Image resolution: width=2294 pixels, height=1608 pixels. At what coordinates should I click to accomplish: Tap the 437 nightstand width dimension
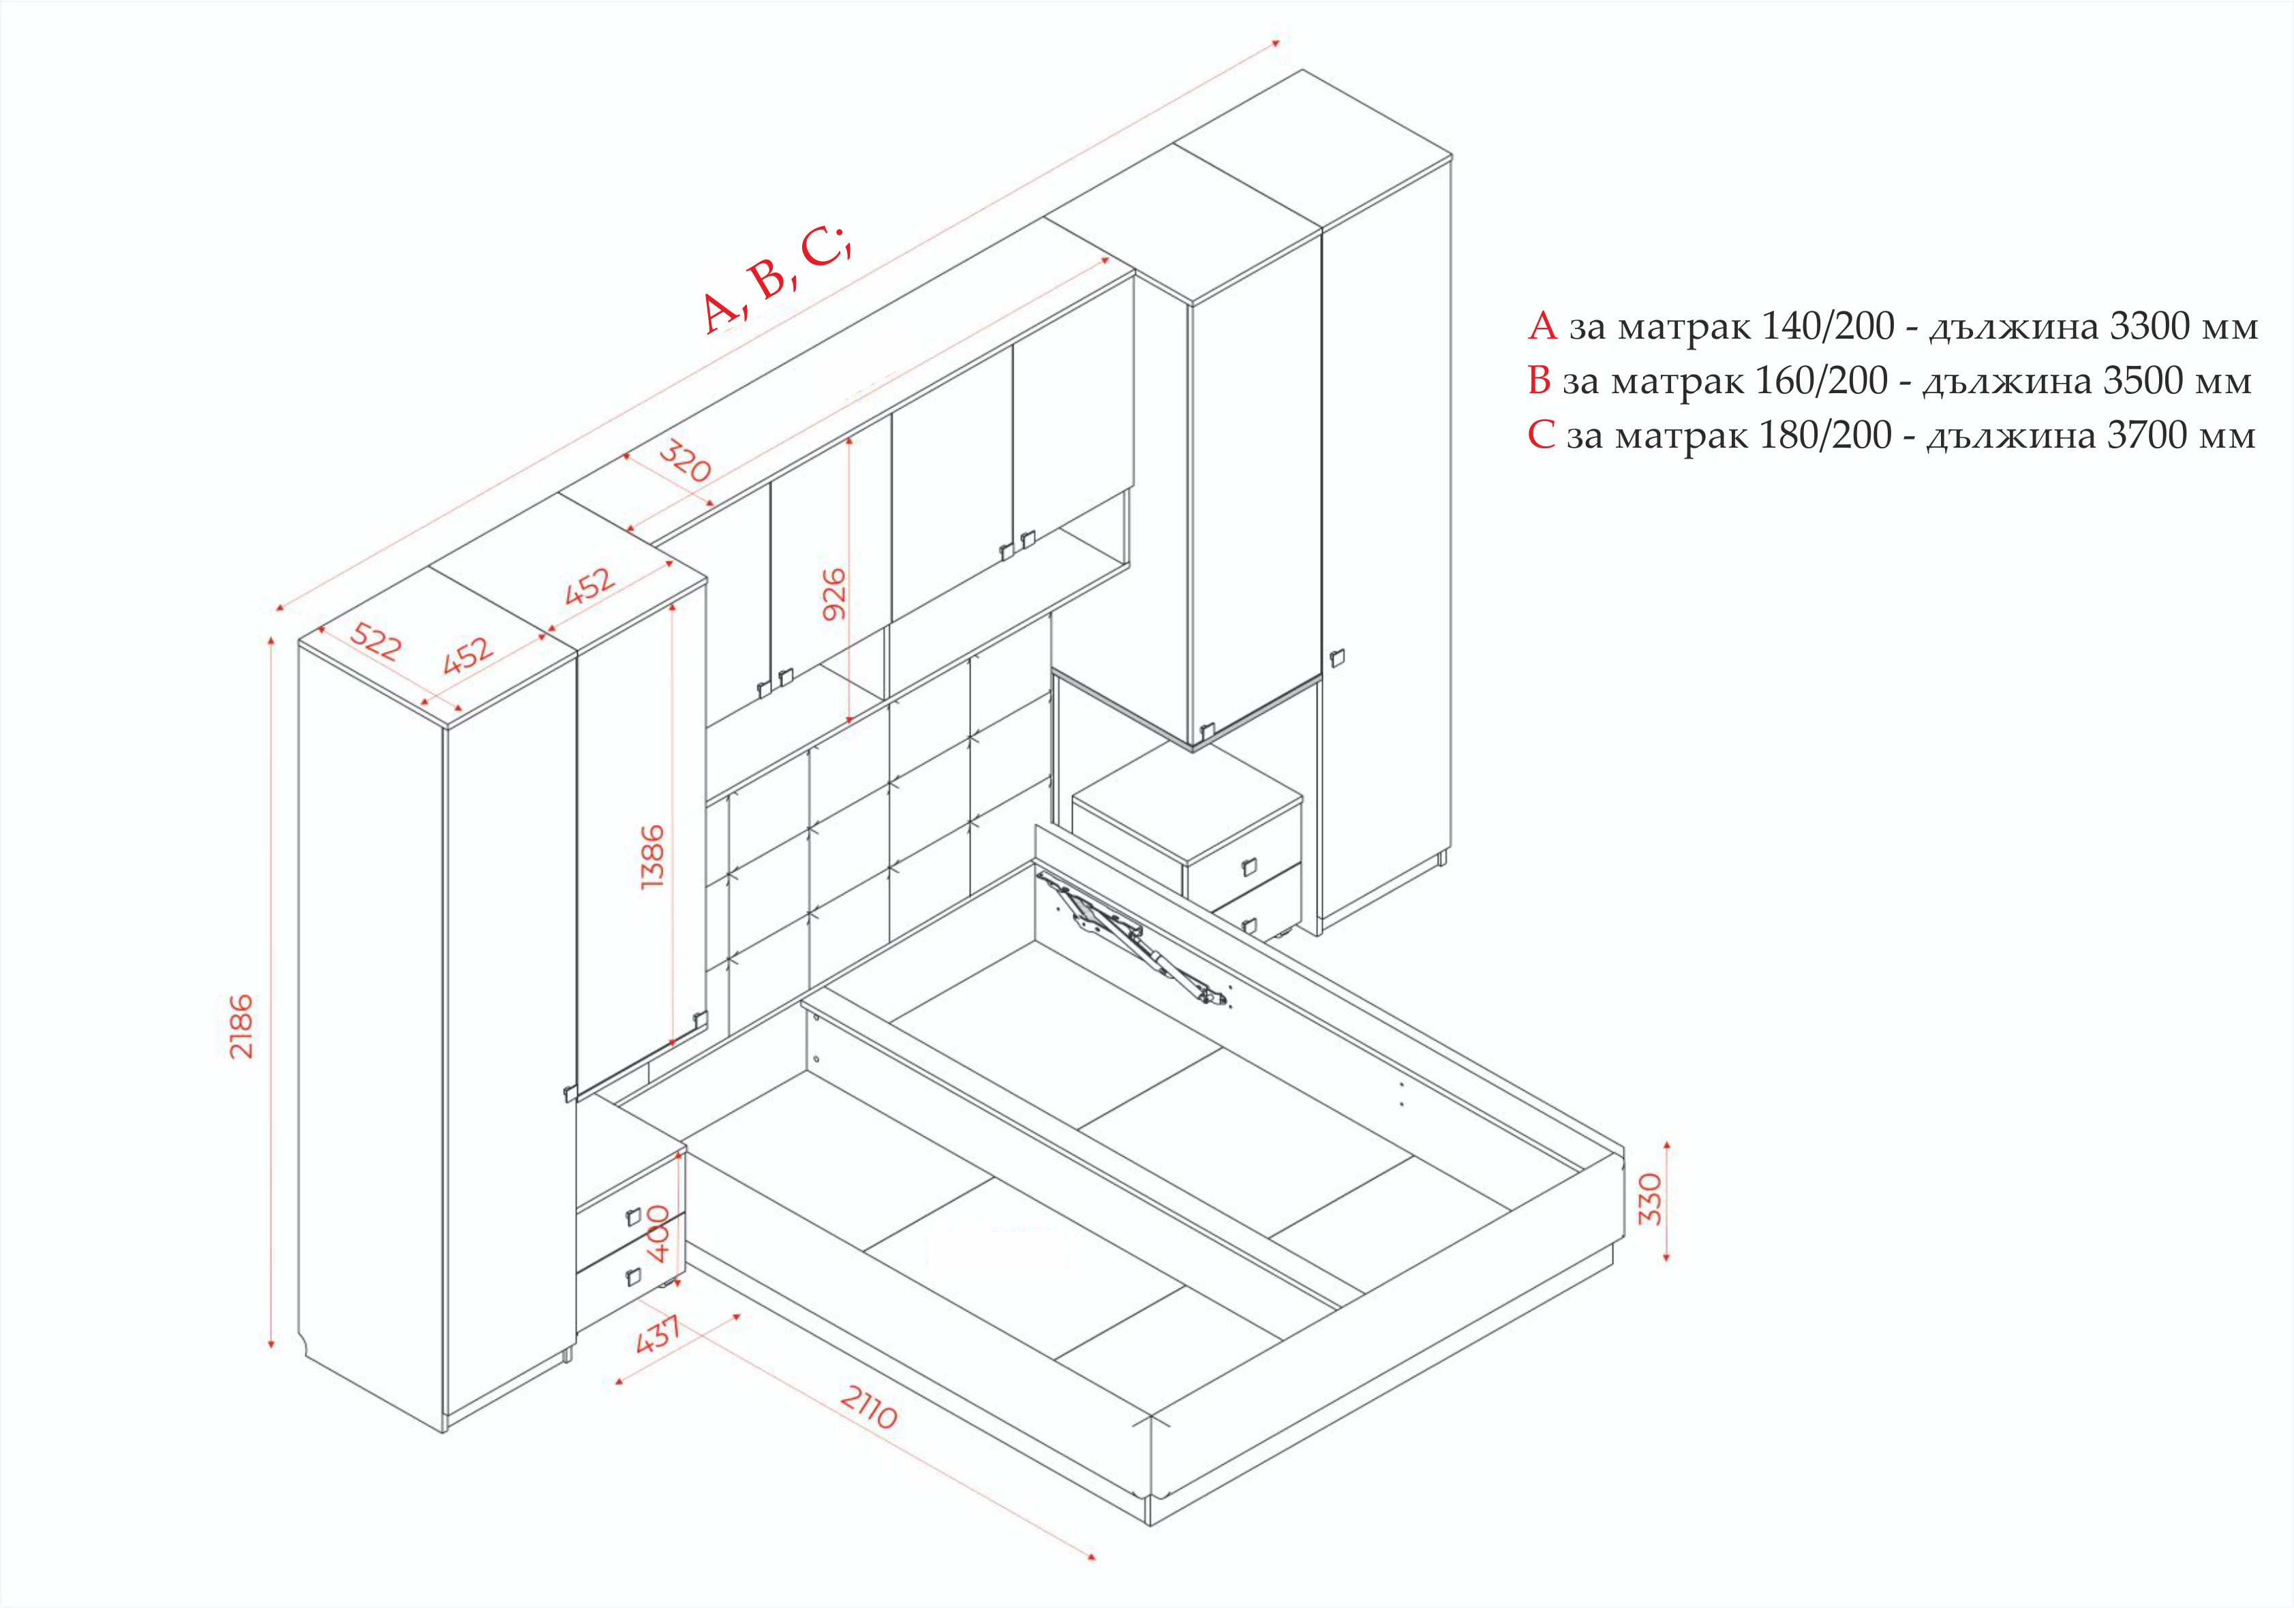(x=658, y=1334)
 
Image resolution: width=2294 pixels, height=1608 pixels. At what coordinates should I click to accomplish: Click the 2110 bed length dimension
(x=868, y=1407)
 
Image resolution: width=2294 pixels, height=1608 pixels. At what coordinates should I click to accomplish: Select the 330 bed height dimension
(x=1651, y=1199)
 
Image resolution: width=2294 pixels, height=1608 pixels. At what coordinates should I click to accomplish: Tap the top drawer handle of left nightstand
(x=632, y=1216)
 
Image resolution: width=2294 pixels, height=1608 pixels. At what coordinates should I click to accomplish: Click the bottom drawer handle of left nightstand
(x=632, y=1276)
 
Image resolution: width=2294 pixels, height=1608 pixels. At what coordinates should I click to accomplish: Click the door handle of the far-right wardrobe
(x=1337, y=658)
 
